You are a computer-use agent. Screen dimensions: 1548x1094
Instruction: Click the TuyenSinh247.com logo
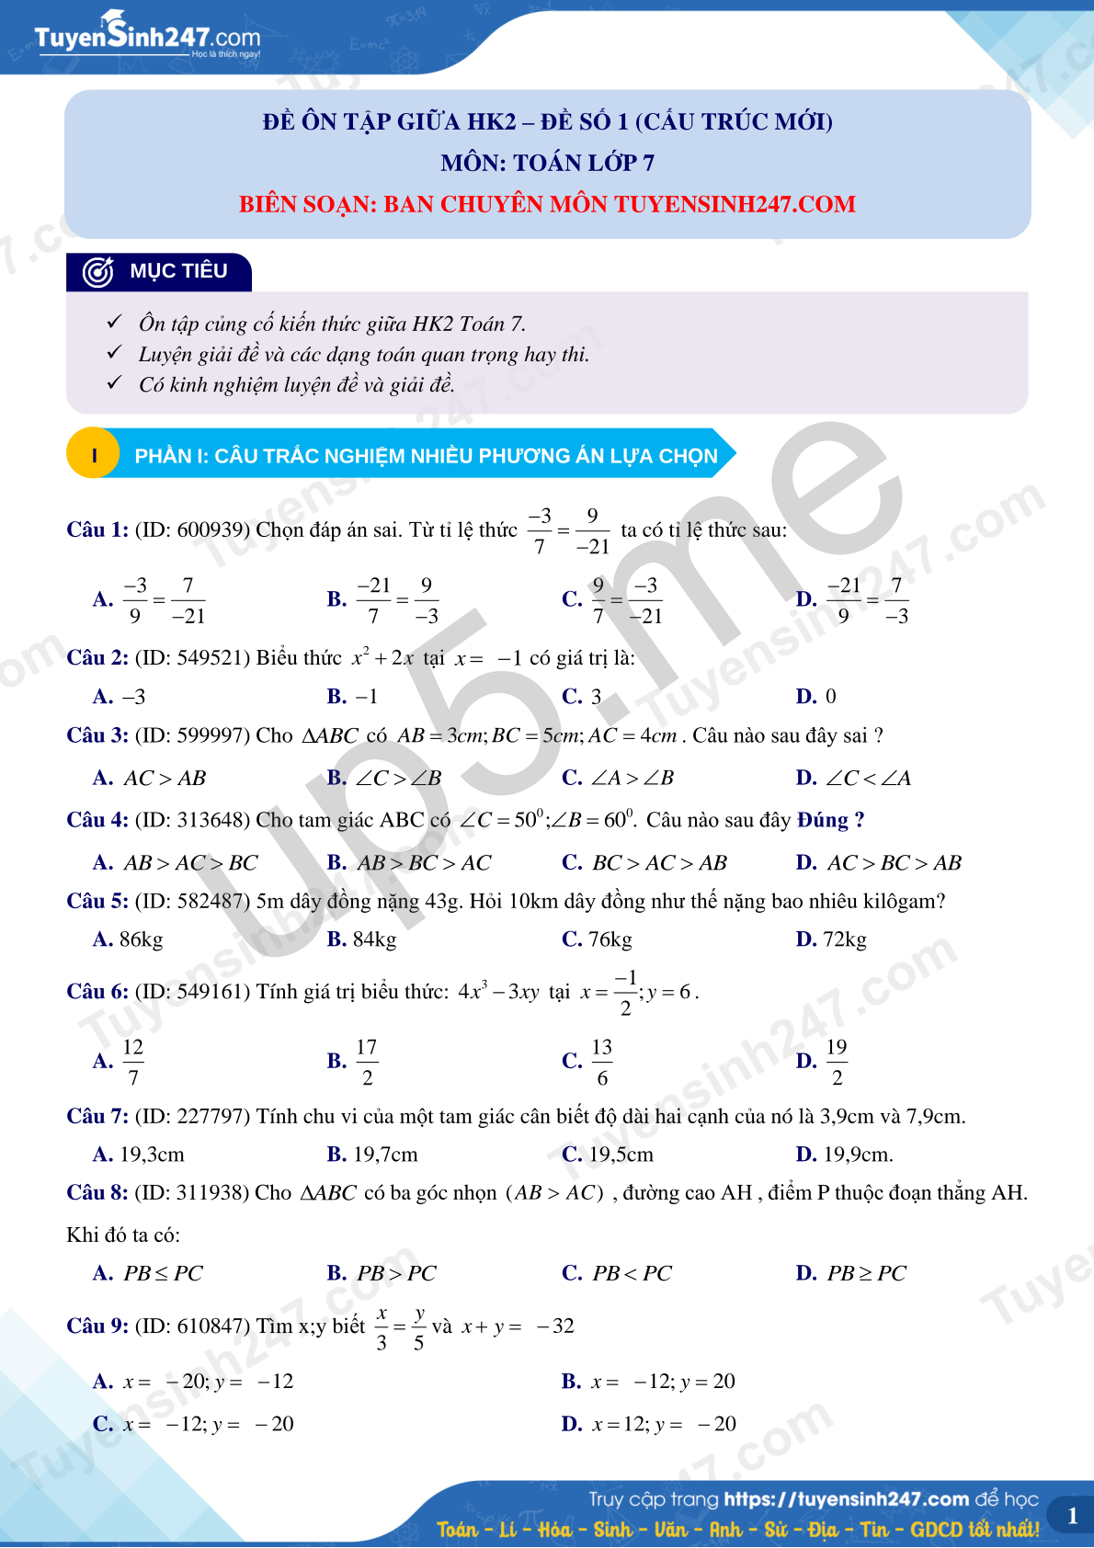point(147,37)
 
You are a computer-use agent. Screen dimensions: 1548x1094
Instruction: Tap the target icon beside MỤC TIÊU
point(97,272)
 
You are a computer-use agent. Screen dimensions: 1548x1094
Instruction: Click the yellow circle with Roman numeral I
point(94,455)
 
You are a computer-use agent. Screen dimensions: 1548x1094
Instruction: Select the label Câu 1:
point(97,529)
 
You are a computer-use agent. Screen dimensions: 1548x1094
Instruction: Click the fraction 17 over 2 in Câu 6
point(367,1062)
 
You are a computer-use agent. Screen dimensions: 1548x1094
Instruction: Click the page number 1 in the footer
point(1072,1516)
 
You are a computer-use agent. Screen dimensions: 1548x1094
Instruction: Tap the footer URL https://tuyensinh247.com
point(846,1499)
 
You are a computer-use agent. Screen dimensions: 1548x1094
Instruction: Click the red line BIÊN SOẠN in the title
point(547,204)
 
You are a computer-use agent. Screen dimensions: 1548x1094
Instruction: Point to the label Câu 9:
point(97,1326)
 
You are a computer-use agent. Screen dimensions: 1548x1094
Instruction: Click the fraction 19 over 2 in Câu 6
point(837,1062)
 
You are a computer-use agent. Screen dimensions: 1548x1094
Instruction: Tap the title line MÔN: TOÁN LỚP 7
point(547,163)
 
